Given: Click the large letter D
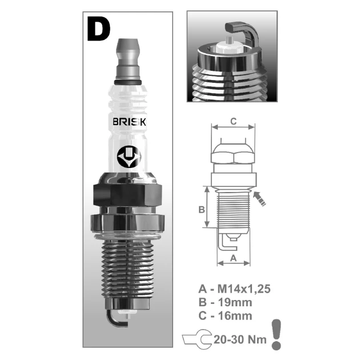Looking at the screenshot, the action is [x=99, y=29].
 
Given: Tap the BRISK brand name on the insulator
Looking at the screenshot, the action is [x=130, y=122].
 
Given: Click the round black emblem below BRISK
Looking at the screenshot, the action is [x=129, y=157].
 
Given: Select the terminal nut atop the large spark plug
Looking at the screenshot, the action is [x=128, y=59].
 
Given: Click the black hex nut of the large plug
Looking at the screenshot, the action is [x=127, y=195].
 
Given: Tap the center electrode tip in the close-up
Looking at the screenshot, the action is [x=229, y=41].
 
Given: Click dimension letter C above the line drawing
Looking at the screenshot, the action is [x=233, y=121].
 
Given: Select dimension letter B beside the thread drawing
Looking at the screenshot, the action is [x=201, y=210].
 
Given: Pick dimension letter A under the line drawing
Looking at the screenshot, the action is [x=233, y=258].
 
